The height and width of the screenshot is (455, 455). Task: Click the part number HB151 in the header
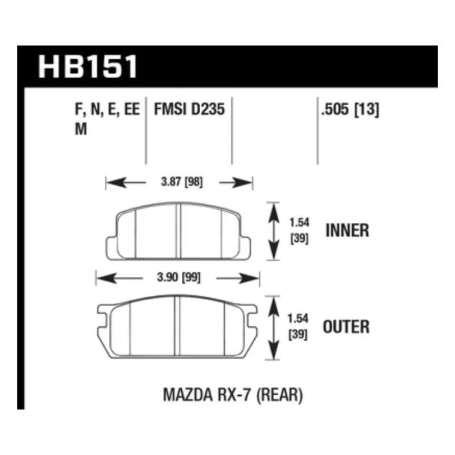(x=88, y=67)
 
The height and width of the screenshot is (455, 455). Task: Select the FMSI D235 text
(x=189, y=109)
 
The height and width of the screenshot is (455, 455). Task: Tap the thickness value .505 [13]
(x=350, y=110)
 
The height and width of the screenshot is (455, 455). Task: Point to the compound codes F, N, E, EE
(x=107, y=110)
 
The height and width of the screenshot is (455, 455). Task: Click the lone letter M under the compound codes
(x=81, y=129)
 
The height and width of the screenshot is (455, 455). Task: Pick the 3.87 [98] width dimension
(x=182, y=182)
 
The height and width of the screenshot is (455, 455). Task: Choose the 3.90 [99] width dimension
(x=179, y=278)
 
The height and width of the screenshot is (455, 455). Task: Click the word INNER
(x=347, y=230)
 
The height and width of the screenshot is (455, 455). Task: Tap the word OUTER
(x=346, y=327)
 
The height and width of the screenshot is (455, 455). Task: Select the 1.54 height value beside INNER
(x=300, y=223)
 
